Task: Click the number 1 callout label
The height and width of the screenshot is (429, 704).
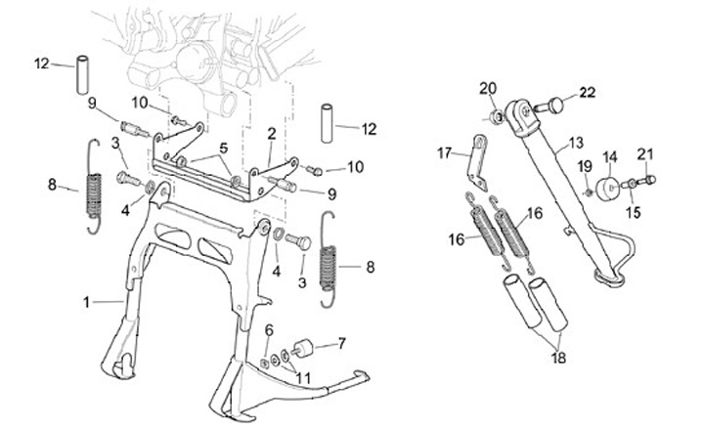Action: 86,303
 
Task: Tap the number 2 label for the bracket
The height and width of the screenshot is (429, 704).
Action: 271,134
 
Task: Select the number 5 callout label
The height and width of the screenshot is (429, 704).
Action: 224,148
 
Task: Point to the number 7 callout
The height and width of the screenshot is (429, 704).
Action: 341,344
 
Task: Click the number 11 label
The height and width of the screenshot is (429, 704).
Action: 303,378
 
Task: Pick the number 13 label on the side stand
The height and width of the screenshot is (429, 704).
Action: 576,143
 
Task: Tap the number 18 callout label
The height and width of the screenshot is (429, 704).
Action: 558,358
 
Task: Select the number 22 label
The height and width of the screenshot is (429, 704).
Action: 587,93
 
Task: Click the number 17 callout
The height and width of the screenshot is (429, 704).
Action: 444,153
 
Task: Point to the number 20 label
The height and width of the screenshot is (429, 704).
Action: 488,89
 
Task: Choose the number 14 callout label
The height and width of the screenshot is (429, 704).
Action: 610,157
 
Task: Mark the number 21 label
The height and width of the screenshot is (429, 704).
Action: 645,154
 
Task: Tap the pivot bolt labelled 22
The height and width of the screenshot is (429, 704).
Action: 550,106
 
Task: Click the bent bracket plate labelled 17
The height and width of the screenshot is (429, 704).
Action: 478,164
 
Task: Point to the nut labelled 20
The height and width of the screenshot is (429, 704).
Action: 497,118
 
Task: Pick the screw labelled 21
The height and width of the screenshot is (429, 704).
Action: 646,181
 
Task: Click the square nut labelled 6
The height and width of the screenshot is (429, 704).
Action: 265,364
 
